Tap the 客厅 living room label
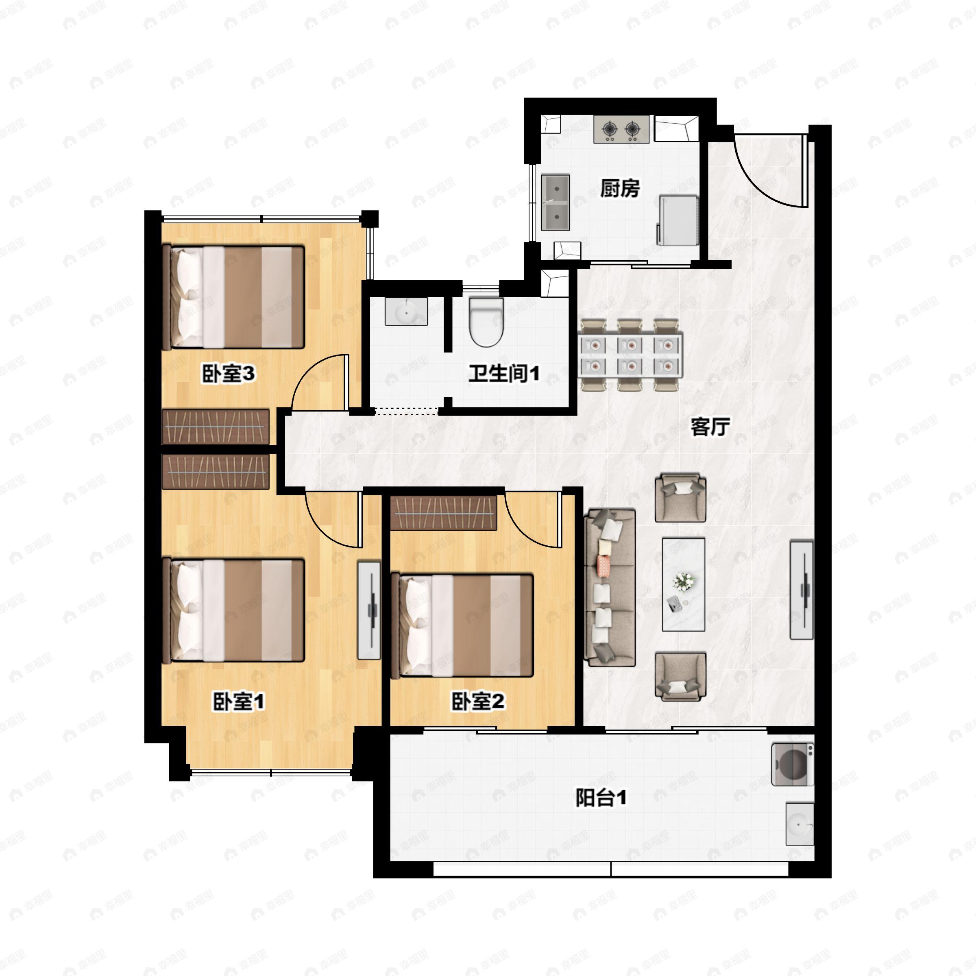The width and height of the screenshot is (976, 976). (x=710, y=427)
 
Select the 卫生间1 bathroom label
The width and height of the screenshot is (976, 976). (x=504, y=373)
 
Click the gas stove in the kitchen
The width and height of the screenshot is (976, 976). (x=621, y=129)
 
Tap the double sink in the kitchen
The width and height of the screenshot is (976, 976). (x=556, y=203)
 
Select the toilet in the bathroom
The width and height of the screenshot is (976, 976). (x=486, y=321)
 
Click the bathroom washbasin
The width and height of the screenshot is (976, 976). (x=406, y=311)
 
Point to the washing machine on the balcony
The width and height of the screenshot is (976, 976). (x=792, y=764)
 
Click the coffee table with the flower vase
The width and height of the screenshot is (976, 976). (x=684, y=584)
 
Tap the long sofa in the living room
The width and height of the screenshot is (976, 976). (x=610, y=588)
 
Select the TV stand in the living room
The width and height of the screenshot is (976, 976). (x=802, y=590)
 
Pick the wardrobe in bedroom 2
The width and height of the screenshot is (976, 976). (x=444, y=513)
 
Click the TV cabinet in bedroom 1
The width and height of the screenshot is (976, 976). (x=369, y=610)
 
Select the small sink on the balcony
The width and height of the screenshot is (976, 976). (x=800, y=824)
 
